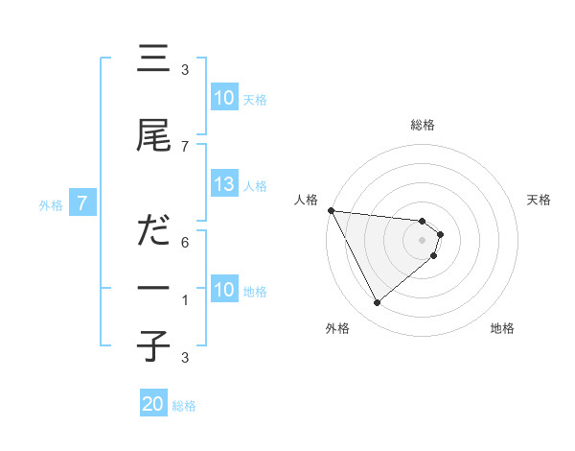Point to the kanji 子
coord(153,346)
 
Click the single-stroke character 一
coord(153,288)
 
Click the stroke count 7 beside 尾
coord(185,146)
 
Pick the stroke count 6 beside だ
coord(185,243)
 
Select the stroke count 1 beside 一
coord(185,300)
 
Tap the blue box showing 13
coord(224,184)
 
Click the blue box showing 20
coord(153,404)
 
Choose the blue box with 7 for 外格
coord(83,202)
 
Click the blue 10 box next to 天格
coord(224,98)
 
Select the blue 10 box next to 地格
coord(224,290)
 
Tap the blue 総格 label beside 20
coord(184,406)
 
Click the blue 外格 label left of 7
coord(51,204)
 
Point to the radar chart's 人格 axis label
coord(307,200)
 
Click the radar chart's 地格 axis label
coord(502,329)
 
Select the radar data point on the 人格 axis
coord(331,210)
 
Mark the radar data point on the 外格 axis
coord(377,303)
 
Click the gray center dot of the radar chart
coord(423,240)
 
